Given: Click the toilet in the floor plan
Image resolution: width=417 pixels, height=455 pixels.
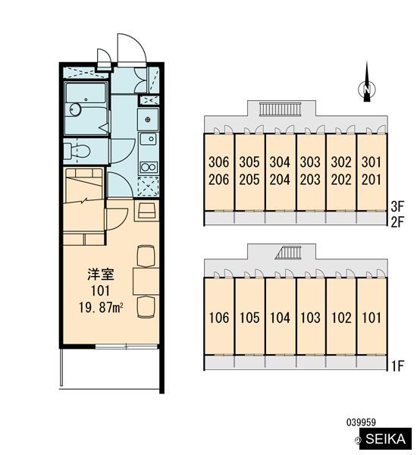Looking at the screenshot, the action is point(77,151).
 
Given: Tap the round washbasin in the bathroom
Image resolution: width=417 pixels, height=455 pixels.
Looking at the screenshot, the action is point(75,110).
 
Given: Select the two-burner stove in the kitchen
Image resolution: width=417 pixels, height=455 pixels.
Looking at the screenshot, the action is point(149,168).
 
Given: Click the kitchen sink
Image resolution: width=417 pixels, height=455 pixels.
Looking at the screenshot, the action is point(149,139).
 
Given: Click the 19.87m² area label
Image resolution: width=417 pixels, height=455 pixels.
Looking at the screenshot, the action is point(101,307).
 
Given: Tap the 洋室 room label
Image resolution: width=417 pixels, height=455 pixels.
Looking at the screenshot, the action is point(101,275).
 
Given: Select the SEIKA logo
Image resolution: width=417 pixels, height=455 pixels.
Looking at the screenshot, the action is point(385,439).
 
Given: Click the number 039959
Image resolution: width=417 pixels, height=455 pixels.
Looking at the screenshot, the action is point(361,422).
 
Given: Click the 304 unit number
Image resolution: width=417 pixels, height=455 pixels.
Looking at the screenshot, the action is point(280,162).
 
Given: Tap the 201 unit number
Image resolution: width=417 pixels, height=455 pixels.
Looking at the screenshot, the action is point(372,180).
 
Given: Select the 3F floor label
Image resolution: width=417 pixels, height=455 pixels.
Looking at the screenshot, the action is point(397,206).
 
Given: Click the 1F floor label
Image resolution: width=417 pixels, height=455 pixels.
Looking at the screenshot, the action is point(397,366).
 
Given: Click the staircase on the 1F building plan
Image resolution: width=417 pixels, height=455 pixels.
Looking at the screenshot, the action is point(289,253).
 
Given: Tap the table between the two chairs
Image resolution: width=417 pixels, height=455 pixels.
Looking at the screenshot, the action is point(146,281).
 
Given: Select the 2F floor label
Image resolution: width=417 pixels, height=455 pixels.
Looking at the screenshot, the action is point(397,222).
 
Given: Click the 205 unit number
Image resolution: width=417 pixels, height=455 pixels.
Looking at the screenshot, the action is point(249,180).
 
